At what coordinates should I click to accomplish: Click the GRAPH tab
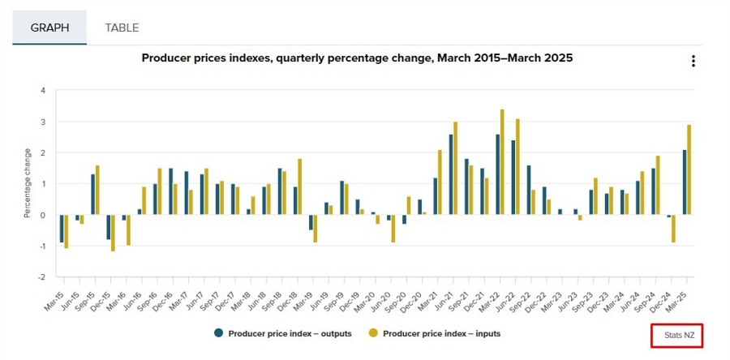point(49,28)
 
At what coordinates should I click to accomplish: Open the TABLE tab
point(122,28)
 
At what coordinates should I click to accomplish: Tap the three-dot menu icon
point(693,62)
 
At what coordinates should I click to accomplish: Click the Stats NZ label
point(676,335)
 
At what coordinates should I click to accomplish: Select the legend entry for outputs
point(283,333)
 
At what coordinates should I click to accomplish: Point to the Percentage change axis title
point(28,183)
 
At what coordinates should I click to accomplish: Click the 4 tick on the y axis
point(43,90)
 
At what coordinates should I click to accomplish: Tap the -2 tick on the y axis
point(41,276)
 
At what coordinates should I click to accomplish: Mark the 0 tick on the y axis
point(43,215)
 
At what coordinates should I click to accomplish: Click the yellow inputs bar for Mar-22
point(502,162)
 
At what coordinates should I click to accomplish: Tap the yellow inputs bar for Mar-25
point(689,169)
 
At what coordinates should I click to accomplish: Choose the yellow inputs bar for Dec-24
point(674,229)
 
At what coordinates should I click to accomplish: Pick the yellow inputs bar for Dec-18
point(300,186)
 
